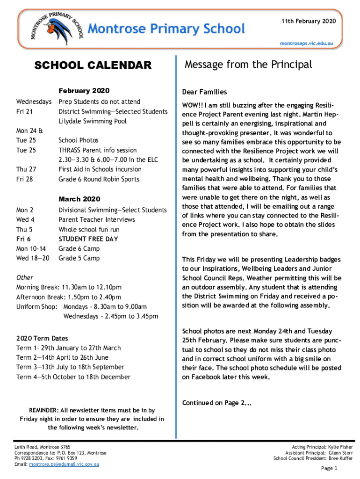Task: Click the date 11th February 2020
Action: pyautogui.click(x=309, y=22)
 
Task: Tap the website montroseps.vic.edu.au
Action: pyautogui.click(x=306, y=43)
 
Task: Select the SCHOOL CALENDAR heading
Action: pyautogui.click(x=94, y=65)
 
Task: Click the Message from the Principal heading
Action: pyautogui.click(x=248, y=65)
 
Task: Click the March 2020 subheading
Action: pyautogui.click(x=79, y=199)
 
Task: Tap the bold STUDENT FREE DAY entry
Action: pyautogui.click(x=88, y=239)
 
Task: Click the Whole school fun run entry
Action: pyautogui.click(x=89, y=229)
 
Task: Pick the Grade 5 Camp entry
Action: pyautogui.click(x=79, y=258)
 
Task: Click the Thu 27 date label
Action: pyautogui.click(x=26, y=169)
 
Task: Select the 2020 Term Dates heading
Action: pyautogui.click(x=42, y=338)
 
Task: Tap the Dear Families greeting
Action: pyautogui.click(x=204, y=92)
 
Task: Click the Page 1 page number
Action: pyautogui.click(x=329, y=468)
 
